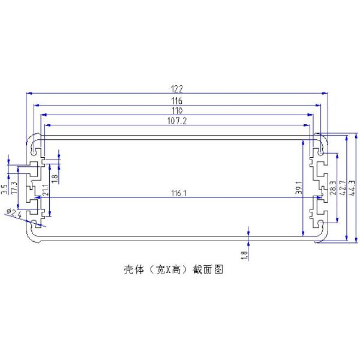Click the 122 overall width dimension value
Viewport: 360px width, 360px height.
coord(177,89)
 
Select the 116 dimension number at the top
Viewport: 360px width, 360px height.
coord(177,100)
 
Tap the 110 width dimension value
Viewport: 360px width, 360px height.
coord(177,111)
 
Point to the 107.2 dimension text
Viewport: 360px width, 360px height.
coord(177,121)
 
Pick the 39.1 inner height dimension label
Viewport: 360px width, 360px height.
coord(298,188)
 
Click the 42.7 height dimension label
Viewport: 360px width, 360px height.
coord(343,187)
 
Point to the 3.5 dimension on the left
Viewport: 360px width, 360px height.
coord(4,190)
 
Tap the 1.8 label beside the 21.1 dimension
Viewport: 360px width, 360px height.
coord(55,178)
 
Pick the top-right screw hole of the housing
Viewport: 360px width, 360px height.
coord(322,154)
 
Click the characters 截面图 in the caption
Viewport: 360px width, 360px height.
coord(208,270)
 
